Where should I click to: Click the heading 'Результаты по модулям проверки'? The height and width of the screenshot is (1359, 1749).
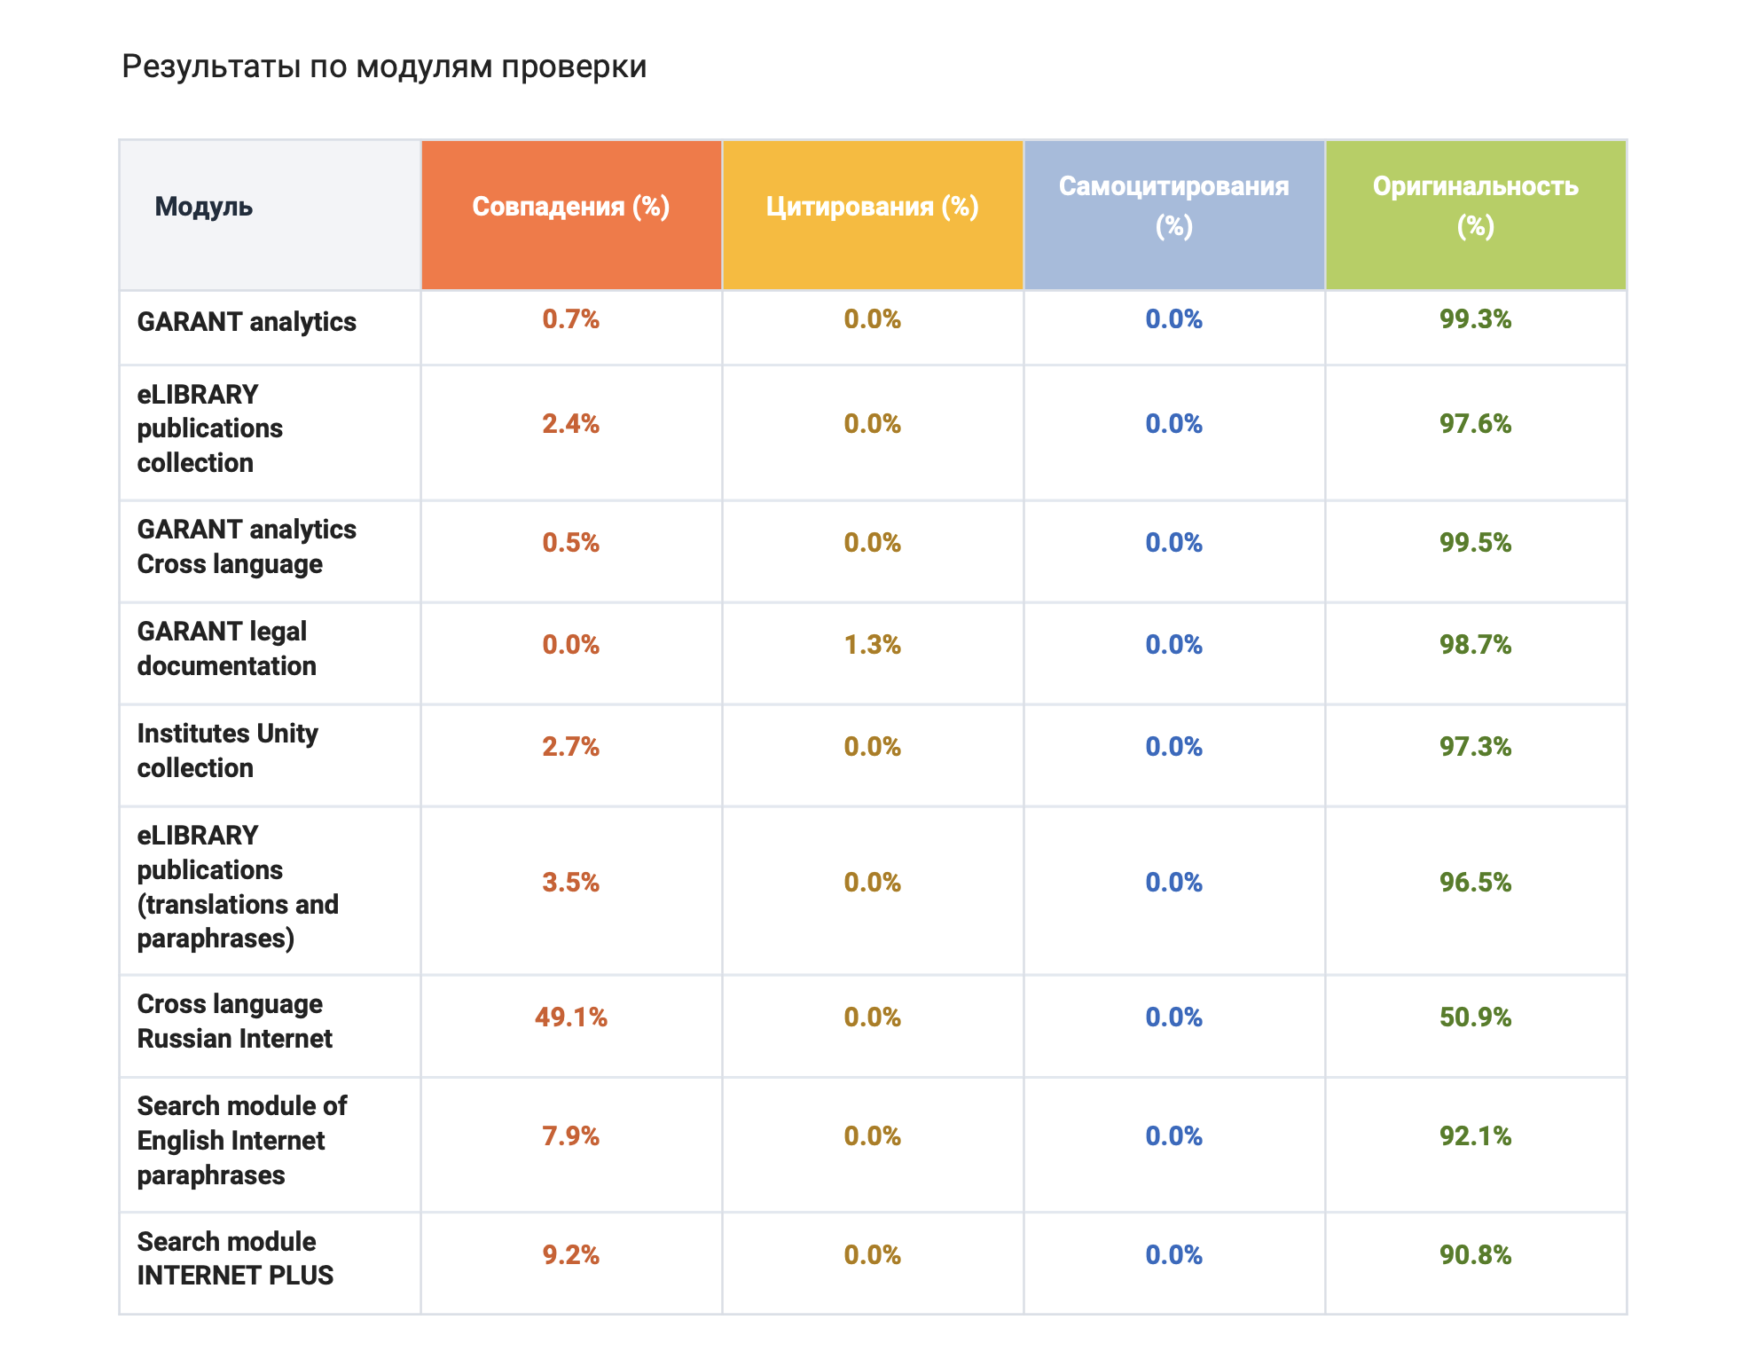[383, 67]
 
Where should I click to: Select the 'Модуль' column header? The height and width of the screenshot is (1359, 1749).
[204, 207]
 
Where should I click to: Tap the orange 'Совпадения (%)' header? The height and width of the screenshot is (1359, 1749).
[570, 207]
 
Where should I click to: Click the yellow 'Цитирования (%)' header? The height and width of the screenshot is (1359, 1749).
[872, 207]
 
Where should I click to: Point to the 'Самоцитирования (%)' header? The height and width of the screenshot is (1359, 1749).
[1173, 206]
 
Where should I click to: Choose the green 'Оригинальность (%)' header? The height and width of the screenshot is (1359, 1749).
[1475, 206]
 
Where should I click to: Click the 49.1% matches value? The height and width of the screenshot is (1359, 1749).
[570, 1017]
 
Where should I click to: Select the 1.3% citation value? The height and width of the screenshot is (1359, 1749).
[872, 645]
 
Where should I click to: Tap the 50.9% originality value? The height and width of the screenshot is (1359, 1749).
[1475, 1017]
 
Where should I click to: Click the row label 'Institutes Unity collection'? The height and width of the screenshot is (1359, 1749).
[227, 750]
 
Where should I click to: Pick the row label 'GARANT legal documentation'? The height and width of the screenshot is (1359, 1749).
[226, 648]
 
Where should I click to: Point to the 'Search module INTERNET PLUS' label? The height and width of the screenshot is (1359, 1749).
[235, 1258]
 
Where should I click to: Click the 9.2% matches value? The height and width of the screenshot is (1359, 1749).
[570, 1255]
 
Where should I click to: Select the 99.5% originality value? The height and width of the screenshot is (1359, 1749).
[1475, 543]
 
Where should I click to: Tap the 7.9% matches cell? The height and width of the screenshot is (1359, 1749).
[570, 1136]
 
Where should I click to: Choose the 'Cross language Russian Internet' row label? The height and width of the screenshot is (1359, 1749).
[234, 1021]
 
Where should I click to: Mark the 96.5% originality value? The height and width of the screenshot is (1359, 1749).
[1475, 883]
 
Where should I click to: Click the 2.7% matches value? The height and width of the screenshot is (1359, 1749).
[570, 747]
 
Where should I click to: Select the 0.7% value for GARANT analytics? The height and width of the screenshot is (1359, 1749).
[570, 319]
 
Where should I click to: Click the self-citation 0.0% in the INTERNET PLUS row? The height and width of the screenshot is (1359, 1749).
[1173, 1255]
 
